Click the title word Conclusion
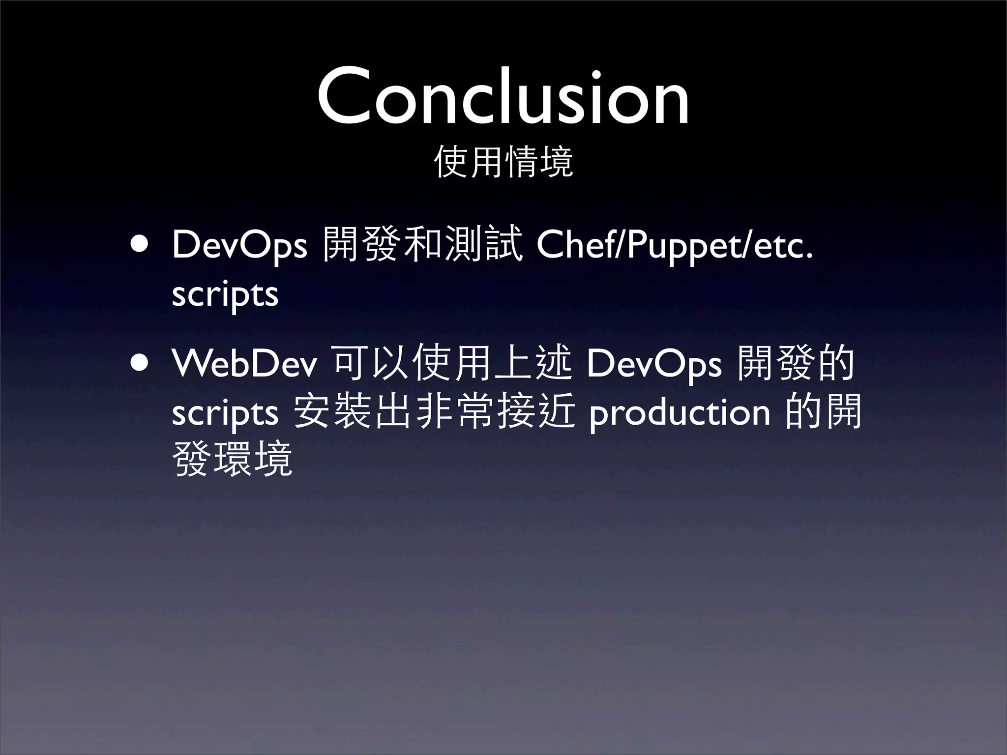tap(503, 97)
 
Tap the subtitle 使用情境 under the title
tap(503, 162)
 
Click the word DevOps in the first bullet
tap(239, 246)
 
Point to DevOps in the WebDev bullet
tap(653, 365)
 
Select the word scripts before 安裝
tap(225, 413)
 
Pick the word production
tap(680, 413)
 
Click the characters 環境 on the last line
tap(253, 459)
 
